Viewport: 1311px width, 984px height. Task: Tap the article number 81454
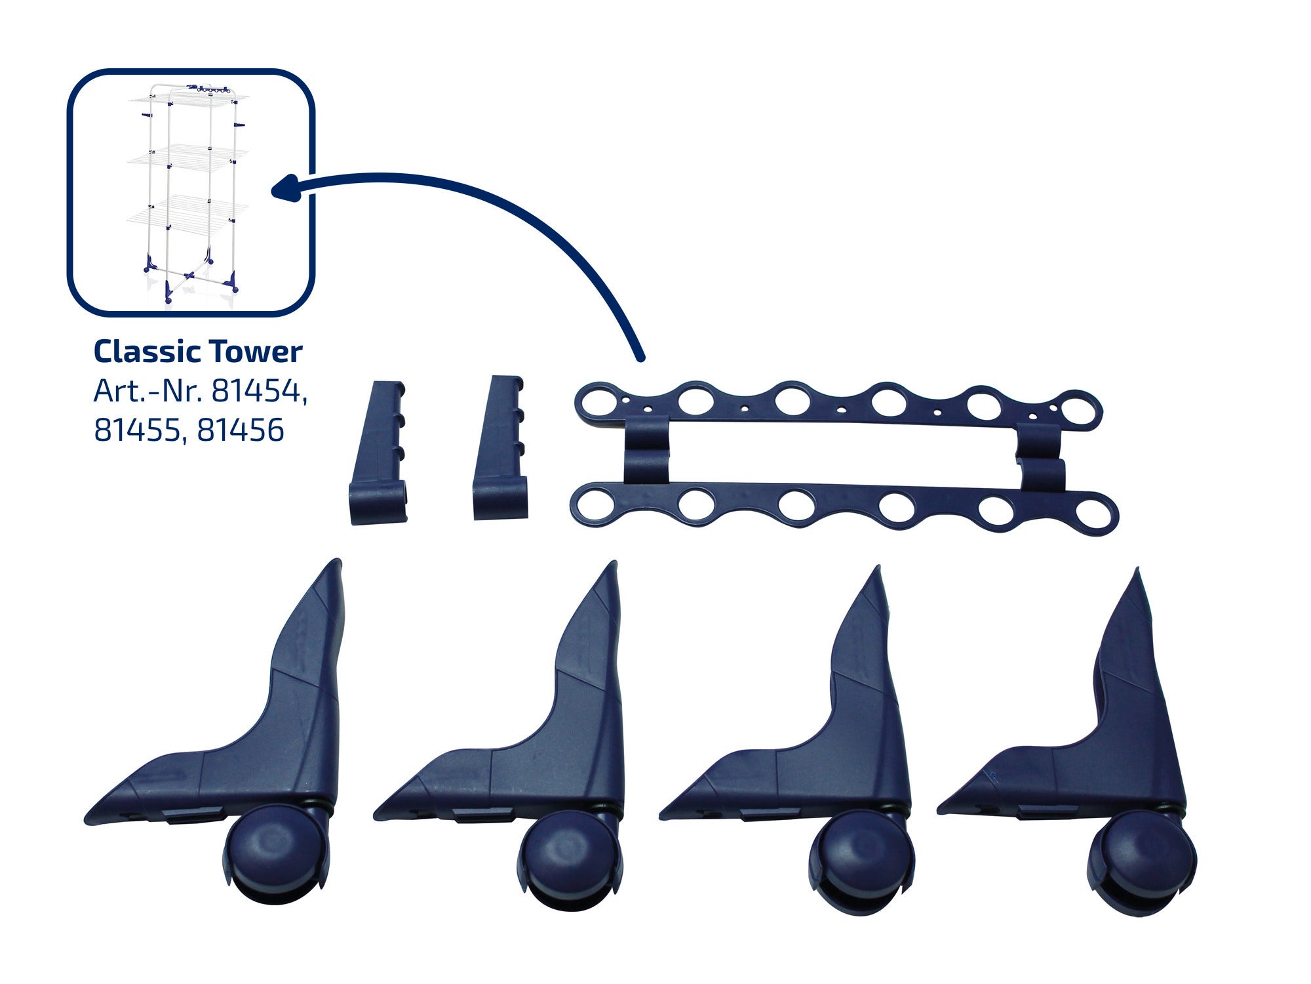(x=259, y=392)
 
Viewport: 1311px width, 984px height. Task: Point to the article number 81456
(x=241, y=430)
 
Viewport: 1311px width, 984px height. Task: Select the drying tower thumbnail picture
(x=191, y=193)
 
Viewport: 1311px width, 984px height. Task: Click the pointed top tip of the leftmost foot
(x=337, y=560)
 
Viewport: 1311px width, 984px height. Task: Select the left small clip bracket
(x=379, y=453)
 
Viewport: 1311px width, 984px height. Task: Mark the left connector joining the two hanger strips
(x=645, y=455)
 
